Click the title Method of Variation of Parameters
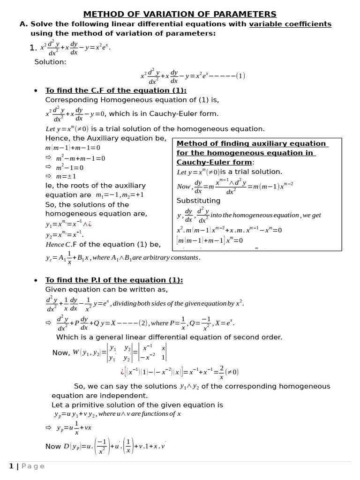point(180,14)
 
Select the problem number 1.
point(32,47)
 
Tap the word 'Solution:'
point(50,62)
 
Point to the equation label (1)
point(240,76)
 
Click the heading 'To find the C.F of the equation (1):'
point(115,90)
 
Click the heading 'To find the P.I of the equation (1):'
point(114,280)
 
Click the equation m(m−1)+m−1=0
point(73,148)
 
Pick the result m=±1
point(66,176)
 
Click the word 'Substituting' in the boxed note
point(198,201)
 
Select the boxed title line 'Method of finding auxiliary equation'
point(251,143)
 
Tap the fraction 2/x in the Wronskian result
point(221,372)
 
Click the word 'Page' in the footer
point(32,466)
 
